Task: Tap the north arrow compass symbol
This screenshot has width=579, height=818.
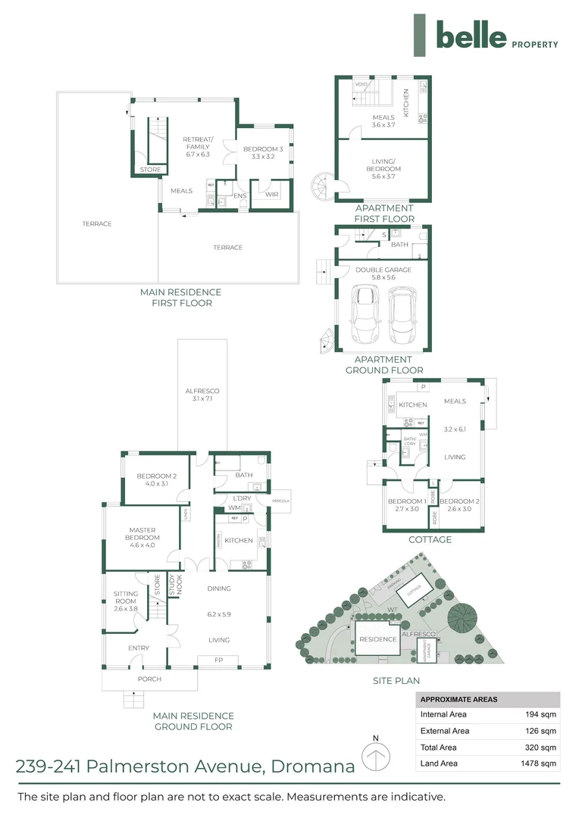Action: point(375,757)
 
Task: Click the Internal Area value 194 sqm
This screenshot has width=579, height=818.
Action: point(542,714)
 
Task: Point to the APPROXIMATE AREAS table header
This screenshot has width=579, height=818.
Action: point(459,699)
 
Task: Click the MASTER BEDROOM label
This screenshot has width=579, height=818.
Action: point(142,534)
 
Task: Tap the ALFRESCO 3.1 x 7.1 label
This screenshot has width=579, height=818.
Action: point(202,395)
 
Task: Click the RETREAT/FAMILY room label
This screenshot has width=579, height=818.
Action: point(199,146)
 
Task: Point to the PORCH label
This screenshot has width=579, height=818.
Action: point(149,679)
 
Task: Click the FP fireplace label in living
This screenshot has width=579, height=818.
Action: point(218,660)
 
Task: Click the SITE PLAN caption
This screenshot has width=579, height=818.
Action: point(396,681)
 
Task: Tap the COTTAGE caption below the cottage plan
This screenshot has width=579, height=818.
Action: point(430,540)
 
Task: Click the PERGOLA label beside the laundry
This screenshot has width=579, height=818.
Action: point(271,501)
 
